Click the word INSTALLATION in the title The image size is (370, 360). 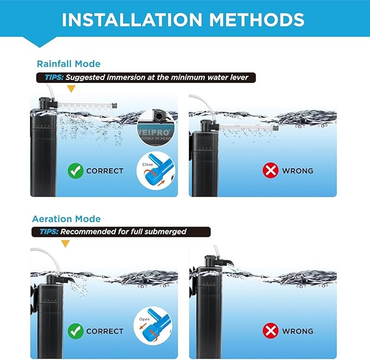pyautogui.click(x=123, y=20)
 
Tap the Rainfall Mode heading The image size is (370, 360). pyautogui.click(x=69, y=64)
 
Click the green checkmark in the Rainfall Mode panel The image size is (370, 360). pyautogui.click(x=75, y=170)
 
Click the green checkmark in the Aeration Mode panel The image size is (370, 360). pyautogui.click(x=75, y=331)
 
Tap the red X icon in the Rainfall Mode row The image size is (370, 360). pyautogui.click(x=271, y=170)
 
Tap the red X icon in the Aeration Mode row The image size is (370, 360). pyautogui.click(x=271, y=331)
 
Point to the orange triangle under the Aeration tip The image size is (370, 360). pyautogui.click(x=65, y=243)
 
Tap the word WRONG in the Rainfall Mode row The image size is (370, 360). pyautogui.click(x=298, y=170)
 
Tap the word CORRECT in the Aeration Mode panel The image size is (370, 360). pyautogui.click(x=105, y=331)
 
